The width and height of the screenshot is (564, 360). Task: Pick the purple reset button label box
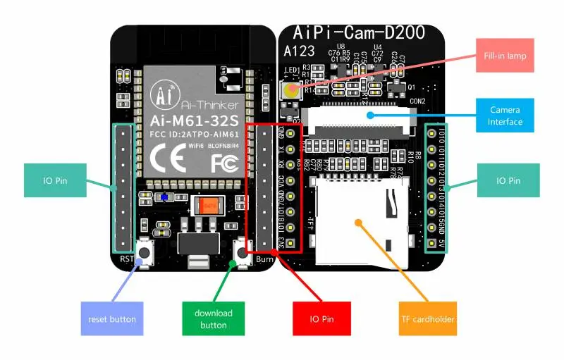pyautogui.click(x=112, y=319)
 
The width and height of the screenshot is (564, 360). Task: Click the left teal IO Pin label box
pyautogui.click(x=55, y=180)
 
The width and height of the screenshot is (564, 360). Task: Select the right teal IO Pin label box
pyautogui.click(x=509, y=180)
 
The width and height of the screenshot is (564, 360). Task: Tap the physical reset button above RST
pyautogui.click(x=146, y=251)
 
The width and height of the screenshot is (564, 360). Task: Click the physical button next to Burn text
pyautogui.click(x=240, y=252)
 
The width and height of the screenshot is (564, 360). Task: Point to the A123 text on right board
pyautogui.click(x=299, y=51)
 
